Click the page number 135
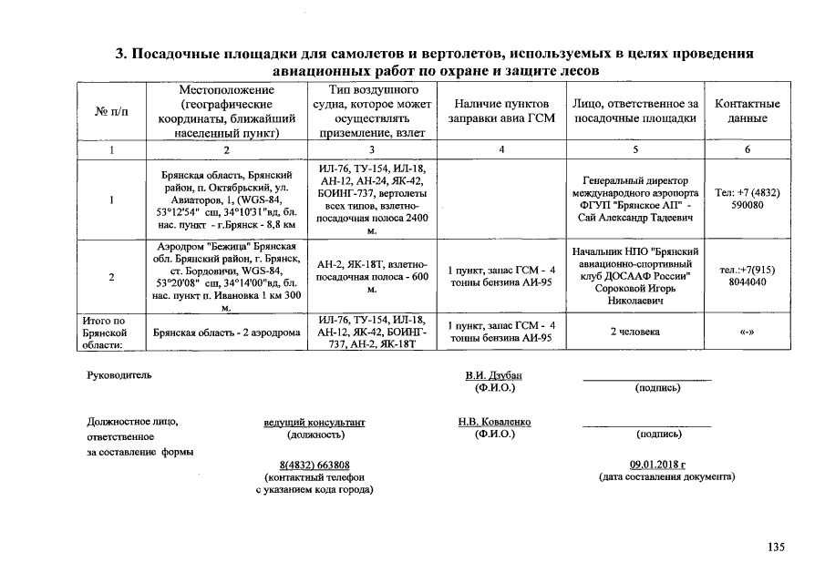[775, 547]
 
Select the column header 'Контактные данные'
[747, 111]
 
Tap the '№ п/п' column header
[111, 111]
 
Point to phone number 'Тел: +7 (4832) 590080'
[747, 199]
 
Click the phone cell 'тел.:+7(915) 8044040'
[747, 275]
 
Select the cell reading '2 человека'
[634, 332]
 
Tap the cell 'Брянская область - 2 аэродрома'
[227, 332]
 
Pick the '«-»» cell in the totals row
[747, 332]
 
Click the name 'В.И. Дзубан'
[494, 375]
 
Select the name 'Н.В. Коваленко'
[494, 422]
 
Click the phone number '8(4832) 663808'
[314, 465]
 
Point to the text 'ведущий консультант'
[314, 423]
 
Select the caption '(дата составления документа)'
[666, 476]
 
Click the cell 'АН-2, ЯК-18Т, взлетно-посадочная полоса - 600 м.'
[372, 275]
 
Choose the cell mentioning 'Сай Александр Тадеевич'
[634, 199]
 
